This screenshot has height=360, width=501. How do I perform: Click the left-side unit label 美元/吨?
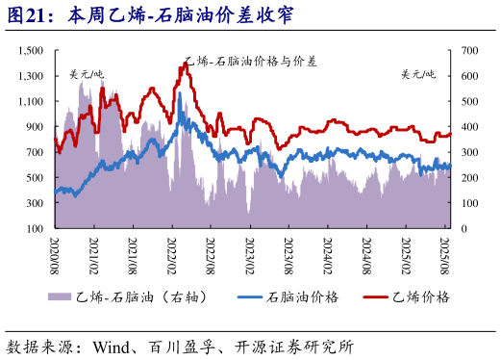tap(87, 74)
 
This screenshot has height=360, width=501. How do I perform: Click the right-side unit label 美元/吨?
tap(418, 74)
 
